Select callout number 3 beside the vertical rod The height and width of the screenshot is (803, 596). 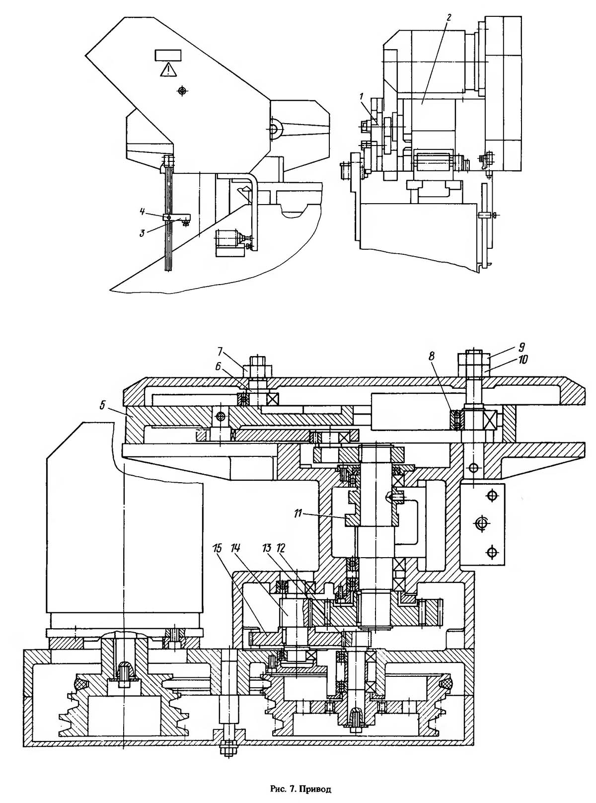click(x=143, y=233)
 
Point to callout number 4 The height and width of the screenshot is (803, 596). click(x=143, y=212)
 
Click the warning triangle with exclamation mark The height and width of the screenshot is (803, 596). click(x=168, y=69)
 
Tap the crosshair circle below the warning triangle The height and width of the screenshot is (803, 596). click(x=182, y=90)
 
